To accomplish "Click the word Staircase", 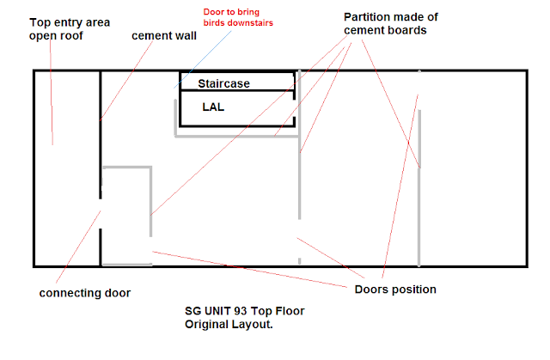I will click(x=223, y=84).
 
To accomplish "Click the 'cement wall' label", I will click(x=163, y=36).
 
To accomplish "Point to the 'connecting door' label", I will click(x=85, y=293).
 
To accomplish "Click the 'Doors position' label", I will click(x=395, y=289).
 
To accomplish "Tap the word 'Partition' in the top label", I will click(x=370, y=17).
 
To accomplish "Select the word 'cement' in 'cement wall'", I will click(x=151, y=36).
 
